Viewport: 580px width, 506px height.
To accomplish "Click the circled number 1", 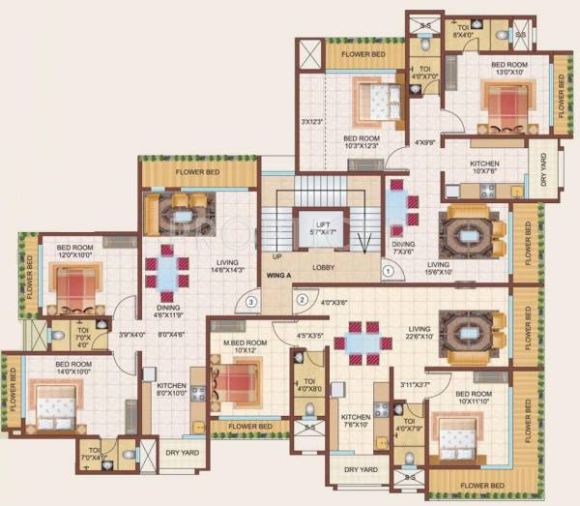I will click(x=388, y=272).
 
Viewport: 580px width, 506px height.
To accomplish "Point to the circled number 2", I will click(x=302, y=300).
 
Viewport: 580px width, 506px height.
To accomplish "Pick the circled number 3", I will click(x=250, y=302).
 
